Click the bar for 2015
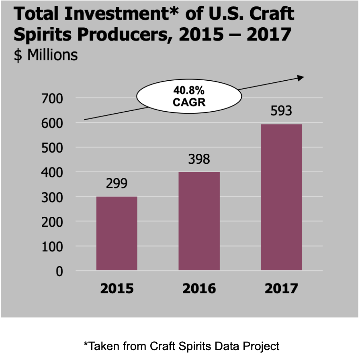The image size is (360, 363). (x=117, y=233)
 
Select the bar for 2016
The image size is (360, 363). (x=199, y=221)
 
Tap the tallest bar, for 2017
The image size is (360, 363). (x=281, y=197)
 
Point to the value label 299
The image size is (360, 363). (x=117, y=184)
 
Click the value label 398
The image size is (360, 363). (x=199, y=159)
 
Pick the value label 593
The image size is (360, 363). (x=281, y=111)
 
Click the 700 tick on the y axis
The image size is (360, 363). (x=51, y=98)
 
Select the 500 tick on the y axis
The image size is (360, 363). (x=51, y=147)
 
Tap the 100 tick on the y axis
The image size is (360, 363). (x=51, y=246)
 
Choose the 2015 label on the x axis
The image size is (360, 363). (x=117, y=289)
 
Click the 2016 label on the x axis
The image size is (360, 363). (x=199, y=289)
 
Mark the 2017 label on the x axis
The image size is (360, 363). (x=281, y=289)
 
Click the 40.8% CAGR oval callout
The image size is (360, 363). (x=189, y=97)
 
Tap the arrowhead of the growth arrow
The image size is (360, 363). (x=301, y=77)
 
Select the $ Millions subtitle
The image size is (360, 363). (x=46, y=55)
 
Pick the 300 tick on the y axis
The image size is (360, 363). (x=51, y=197)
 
